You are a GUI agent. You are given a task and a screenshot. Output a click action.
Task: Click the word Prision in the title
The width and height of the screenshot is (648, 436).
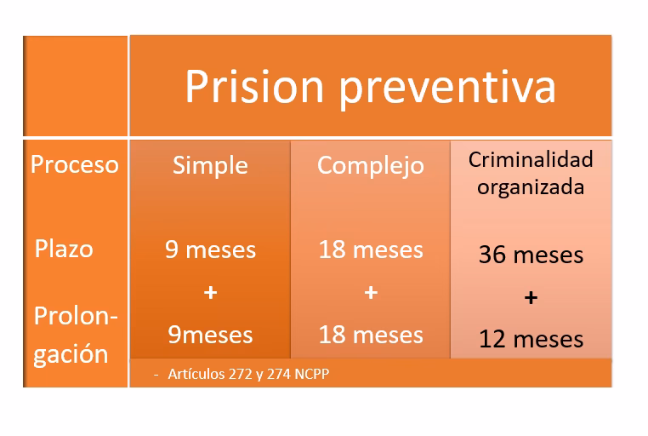(x=254, y=86)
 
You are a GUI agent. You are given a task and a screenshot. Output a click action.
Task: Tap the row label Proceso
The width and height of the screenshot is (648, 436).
(x=75, y=163)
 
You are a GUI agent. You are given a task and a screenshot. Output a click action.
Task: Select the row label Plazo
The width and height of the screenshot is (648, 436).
(x=64, y=249)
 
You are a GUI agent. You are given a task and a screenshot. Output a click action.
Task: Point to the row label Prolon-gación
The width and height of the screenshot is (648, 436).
(x=75, y=335)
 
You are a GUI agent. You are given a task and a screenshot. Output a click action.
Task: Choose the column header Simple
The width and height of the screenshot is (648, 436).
(x=210, y=164)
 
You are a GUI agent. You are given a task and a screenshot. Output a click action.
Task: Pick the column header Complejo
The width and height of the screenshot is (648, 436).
(x=370, y=164)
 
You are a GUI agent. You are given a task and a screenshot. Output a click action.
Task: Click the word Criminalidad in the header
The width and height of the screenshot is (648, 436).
(x=531, y=159)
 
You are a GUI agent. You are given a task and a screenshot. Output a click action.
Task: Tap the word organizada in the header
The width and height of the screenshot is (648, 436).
(x=531, y=186)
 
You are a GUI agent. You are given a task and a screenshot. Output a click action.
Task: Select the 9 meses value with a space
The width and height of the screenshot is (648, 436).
(x=210, y=250)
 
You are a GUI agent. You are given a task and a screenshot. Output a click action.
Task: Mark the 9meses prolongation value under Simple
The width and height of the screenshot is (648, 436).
(x=210, y=335)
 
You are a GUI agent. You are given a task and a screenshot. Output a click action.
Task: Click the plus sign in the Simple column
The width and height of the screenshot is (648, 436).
(x=210, y=292)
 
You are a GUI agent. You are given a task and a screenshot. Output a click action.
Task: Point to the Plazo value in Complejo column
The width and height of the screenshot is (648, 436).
(x=371, y=250)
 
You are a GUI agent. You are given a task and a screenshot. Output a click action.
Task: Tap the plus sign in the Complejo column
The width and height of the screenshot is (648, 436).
(x=371, y=292)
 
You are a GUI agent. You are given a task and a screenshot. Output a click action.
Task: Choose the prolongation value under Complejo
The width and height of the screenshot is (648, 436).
(x=371, y=335)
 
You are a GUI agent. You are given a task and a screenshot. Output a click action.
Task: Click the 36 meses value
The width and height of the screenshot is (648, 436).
(x=531, y=255)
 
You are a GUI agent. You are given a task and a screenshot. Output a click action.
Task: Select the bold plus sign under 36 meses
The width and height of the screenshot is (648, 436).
(x=531, y=298)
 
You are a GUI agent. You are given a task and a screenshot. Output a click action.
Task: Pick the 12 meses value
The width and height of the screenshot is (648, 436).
(x=531, y=339)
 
